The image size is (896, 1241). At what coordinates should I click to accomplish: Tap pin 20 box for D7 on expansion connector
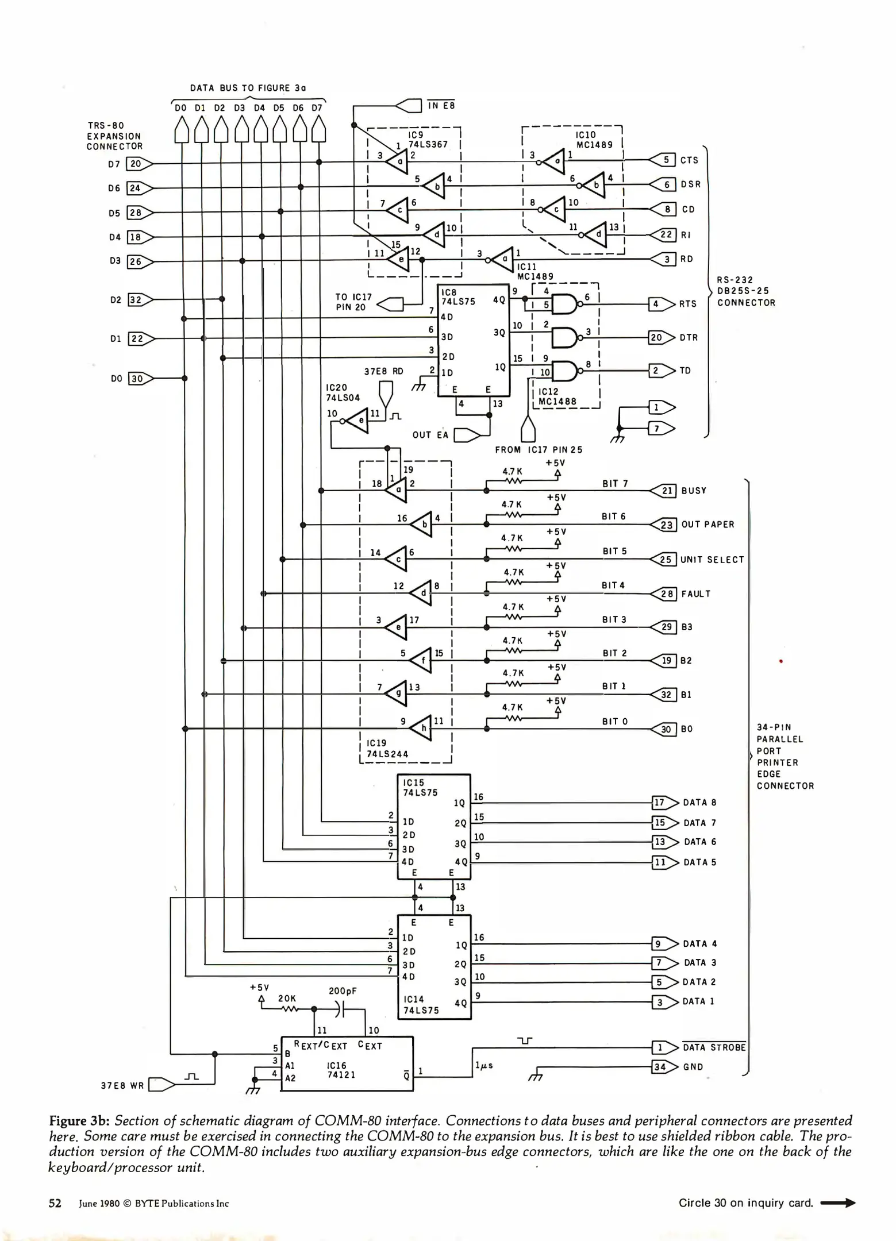pyautogui.click(x=135, y=164)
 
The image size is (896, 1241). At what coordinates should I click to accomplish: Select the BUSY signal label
pyautogui.click(x=694, y=491)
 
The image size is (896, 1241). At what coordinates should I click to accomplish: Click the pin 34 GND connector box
pyautogui.click(x=660, y=1067)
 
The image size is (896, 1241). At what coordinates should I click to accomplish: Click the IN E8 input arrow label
pyautogui.click(x=441, y=105)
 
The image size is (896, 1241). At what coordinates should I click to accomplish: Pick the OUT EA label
pyautogui.click(x=430, y=435)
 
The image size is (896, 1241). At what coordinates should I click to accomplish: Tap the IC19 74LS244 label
pyautogui.click(x=387, y=749)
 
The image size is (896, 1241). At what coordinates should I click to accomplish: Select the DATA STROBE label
pyautogui.click(x=714, y=1047)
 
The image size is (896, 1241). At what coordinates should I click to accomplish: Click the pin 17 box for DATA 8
pyautogui.click(x=659, y=803)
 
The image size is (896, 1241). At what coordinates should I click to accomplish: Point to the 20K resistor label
pyautogui.click(x=287, y=999)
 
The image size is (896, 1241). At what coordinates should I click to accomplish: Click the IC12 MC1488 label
pyautogui.click(x=557, y=396)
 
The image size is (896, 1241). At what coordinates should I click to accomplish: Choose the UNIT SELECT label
pyautogui.click(x=712, y=560)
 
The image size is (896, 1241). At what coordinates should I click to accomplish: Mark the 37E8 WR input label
pyautogui.click(x=122, y=1086)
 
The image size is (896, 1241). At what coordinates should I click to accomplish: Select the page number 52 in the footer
pyautogui.click(x=55, y=1203)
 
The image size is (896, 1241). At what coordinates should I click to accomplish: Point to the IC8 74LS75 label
pyautogui.click(x=457, y=297)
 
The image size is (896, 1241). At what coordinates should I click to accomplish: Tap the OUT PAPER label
pyautogui.click(x=707, y=525)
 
